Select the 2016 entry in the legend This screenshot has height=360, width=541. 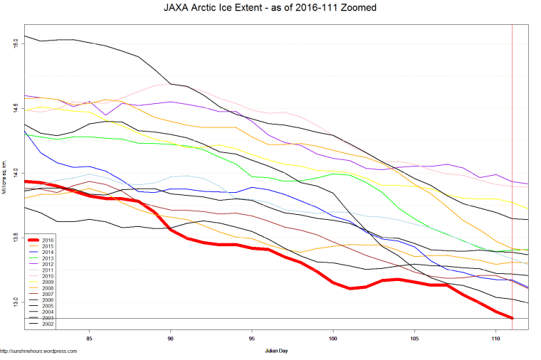47,240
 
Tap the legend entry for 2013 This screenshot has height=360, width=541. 47,259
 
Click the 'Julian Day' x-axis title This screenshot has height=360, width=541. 275,351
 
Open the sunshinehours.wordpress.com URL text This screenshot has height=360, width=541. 38,351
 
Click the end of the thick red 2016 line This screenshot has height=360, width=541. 512,318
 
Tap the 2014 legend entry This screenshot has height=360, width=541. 47,253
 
